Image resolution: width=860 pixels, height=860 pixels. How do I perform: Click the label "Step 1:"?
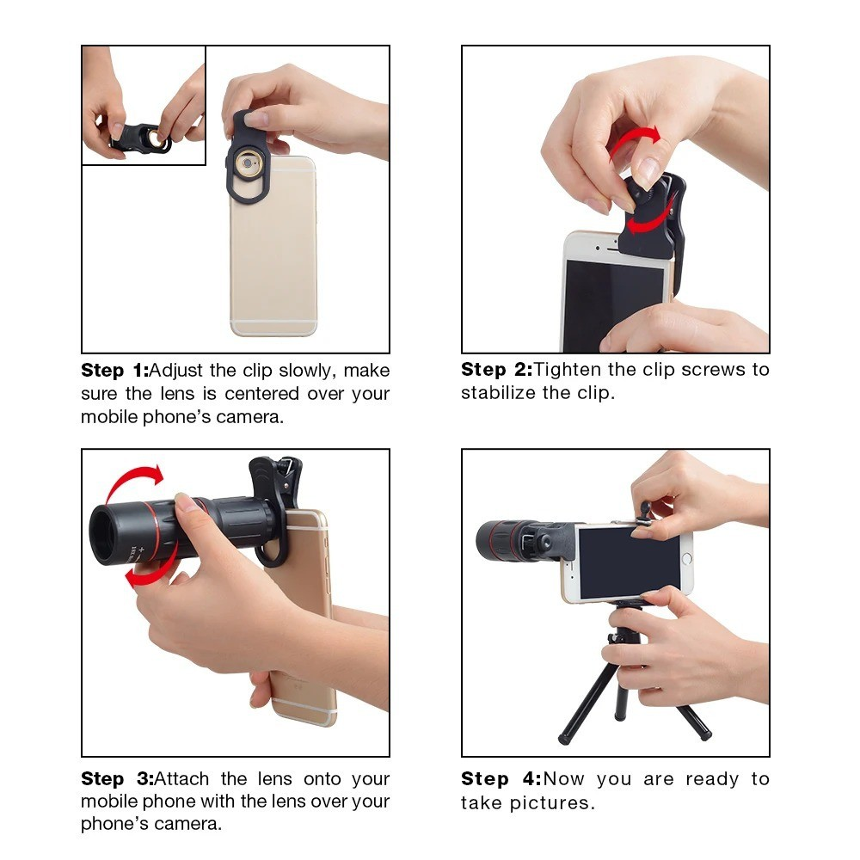114,372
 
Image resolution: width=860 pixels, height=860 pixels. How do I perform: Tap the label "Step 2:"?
496,370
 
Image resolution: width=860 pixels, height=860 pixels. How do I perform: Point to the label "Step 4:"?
501,779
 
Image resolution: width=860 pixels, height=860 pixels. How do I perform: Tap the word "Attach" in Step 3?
183,779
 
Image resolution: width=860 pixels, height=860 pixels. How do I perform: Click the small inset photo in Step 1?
144,105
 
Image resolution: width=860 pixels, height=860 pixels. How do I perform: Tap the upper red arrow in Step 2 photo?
636,142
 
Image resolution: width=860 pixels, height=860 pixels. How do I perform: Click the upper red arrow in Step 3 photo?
133,482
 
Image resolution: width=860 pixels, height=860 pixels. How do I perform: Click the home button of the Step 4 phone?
686,559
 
